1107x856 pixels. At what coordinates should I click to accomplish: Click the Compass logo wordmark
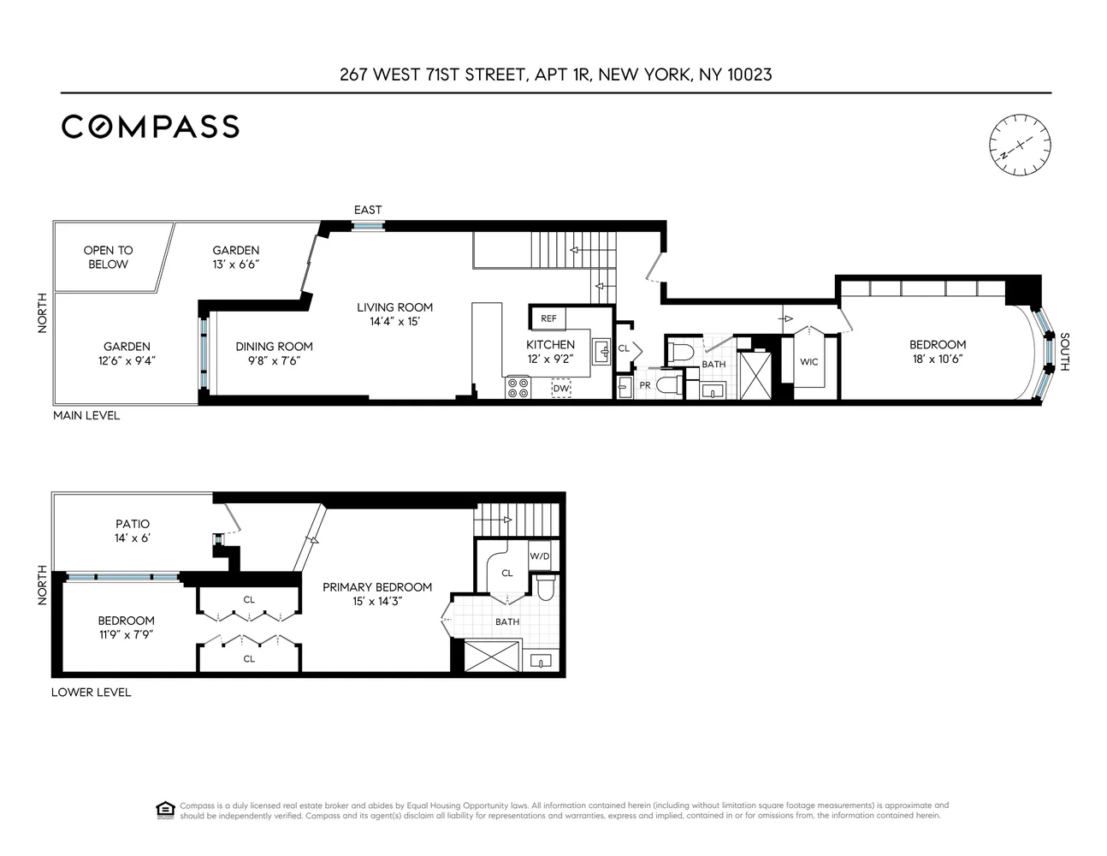click(x=150, y=127)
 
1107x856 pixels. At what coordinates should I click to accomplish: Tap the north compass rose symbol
click(x=1020, y=145)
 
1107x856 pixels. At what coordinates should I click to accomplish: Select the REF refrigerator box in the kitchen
click(x=548, y=318)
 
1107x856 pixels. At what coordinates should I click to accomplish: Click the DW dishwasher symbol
click(x=561, y=389)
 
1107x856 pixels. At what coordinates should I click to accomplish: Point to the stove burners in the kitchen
click(x=518, y=388)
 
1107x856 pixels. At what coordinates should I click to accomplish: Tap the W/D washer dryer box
click(x=540, y=556)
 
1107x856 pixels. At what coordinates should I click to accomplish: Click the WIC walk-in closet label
click(x=808, y=362)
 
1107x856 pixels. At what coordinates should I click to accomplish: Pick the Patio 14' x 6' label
click(x=133, y=531)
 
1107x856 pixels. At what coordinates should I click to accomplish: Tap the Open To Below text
click(x=108, y=257)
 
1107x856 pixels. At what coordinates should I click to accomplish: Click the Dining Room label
click(x=274, y=354)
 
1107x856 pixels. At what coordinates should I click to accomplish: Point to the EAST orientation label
click(x=368, y=210)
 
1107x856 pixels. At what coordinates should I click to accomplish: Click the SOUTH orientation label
click(x=1064, y=352)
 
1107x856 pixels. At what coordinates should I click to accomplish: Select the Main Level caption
click(x=86, y=415)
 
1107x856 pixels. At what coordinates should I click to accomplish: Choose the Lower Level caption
click(x=91, y=692)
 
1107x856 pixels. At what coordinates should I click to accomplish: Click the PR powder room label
click(x=645, y=385)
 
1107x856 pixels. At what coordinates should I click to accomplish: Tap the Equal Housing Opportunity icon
click(x=165, y=810)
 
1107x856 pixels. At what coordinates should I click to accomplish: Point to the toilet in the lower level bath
click(x=545, y=587)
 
